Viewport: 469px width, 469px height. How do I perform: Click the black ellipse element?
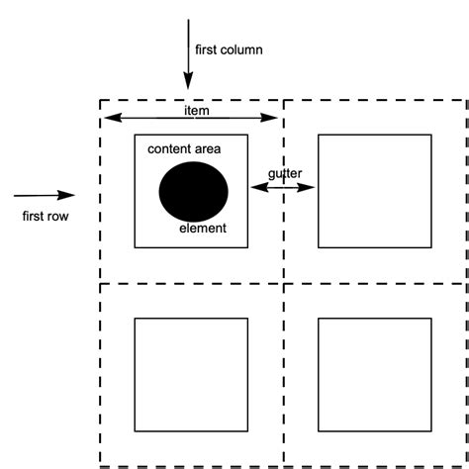(x=193, y=189)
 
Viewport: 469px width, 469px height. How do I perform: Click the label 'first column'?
(x=230, y=48)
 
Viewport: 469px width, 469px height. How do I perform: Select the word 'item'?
(x=197, y=110)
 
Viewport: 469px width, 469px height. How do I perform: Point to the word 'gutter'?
(x=285, y=173)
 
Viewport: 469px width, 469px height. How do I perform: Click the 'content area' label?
(x=184, y=148)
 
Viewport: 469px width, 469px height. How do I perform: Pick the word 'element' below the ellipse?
(x=203, y=229)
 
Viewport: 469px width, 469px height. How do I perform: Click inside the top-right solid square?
(x=375, y=191)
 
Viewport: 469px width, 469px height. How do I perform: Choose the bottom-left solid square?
(x=190, y=374)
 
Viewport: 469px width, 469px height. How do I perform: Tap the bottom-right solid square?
(x=375, y=374)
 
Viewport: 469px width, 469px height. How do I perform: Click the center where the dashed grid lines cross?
(x=284, y=283)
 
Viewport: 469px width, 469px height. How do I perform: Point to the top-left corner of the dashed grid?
(x=101, y=100)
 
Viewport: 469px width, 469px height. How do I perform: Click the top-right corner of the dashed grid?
(x=465, y=100)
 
